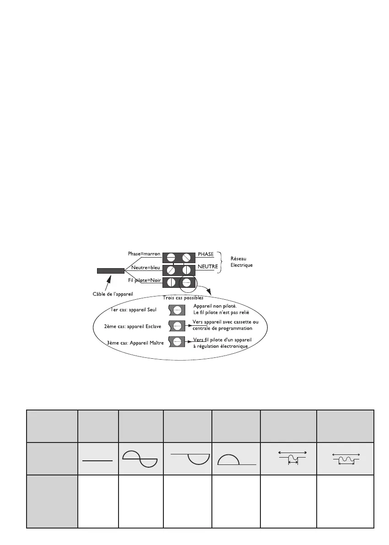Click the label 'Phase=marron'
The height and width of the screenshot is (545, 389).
[144, 254]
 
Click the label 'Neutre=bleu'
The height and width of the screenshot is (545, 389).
[146, 268]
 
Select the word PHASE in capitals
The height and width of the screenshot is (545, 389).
[205, 254]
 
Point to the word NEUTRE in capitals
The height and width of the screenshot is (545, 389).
[207, 265]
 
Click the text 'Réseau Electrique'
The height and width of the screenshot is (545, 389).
[241, 262]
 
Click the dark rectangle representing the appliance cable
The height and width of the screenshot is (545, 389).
[111, 270]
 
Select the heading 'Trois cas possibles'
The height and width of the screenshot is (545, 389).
[183, 297]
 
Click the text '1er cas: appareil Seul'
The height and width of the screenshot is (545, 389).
[134, 310]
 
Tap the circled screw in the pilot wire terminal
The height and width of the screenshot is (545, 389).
[187, 281]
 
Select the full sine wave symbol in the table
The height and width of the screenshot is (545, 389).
[140, 458]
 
